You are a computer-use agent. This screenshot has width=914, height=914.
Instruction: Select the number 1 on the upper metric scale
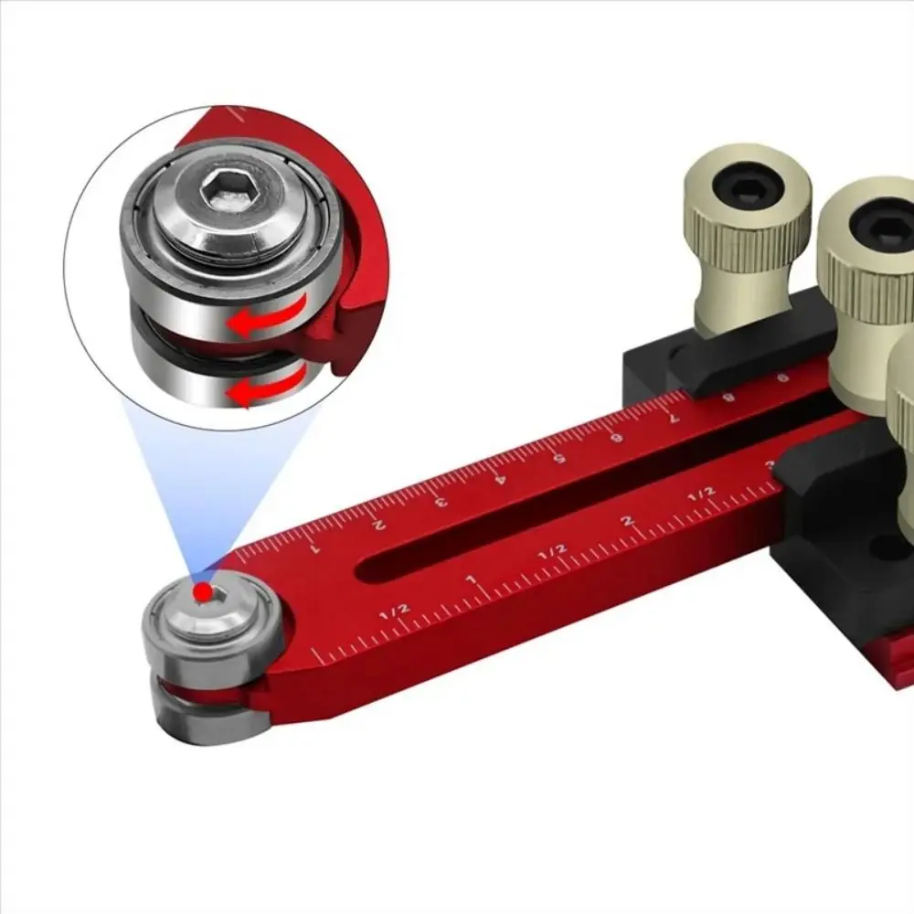click(x=315, y=549)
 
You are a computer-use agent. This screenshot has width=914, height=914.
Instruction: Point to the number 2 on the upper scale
click(x=379, y=524)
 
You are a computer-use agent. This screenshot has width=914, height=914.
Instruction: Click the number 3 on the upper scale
click(x=441, y=500)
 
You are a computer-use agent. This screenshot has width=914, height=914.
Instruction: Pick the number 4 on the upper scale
click(x=499, y=477)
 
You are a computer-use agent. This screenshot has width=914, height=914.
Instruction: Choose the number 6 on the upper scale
click(x=617, y=437)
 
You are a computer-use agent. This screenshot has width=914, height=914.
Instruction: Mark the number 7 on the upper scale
click(x=675, y=417)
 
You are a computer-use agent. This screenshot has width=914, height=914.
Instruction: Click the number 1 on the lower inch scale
click(x=471, y=581)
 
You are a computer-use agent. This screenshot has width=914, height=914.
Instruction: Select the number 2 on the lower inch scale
click(x=627, y=521)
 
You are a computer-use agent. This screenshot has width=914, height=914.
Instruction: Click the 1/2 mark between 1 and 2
click(x=552, y=550)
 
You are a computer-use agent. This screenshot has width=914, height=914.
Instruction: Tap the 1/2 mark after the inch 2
click(x=701, y=493)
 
